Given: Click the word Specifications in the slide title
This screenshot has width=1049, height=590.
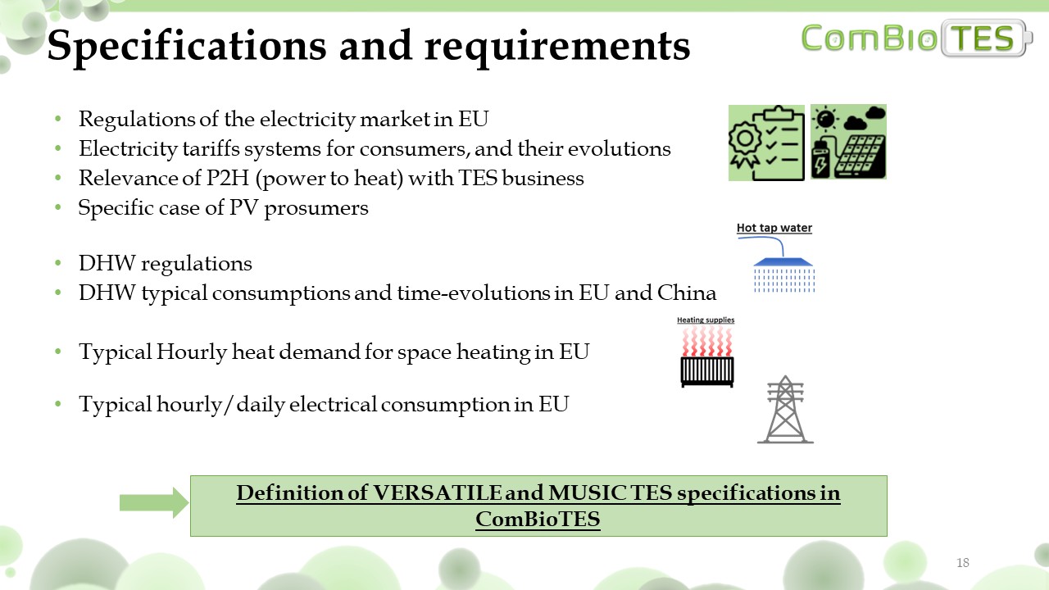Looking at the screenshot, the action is pyautogui.click(x=186, y=46).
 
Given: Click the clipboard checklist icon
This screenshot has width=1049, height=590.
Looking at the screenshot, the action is pyautogui.click(x=766, y=143).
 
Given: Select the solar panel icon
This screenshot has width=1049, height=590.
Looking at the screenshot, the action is pyautogui.click(x=848, y=142).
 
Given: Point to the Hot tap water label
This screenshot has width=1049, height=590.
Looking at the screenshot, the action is pyautogui.click(x=774, y=228).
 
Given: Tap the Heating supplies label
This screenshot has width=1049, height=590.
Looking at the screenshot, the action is pyautogui.click(x=706, y=320).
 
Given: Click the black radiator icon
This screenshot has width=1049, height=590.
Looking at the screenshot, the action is pyautogui.click(x=707, y=372).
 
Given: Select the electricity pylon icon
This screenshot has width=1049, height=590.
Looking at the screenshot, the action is pyautogui.click(x=785, y=409).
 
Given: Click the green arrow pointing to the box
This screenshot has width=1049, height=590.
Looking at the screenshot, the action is pyautogui.click(x=154, y=502).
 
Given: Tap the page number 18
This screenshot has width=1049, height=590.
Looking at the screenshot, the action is pyautogui.click(x=962, y=562).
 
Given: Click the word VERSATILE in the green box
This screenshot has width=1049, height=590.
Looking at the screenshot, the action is pyautogui.click(x=437, y=492).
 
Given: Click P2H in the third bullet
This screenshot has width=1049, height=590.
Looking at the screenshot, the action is pyautogui.click(x=227, y=178).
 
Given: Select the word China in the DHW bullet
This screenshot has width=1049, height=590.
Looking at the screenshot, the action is pyautogui.click(x=687, y=293).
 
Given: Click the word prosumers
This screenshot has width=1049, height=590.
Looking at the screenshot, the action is pyautogui.click(x=316, y=209).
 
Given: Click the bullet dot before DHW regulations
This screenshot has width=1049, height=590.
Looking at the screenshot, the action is pyautogui.click(x=58, y=263).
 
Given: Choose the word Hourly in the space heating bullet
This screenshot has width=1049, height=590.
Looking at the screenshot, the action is pyautogui.click(x=192, y=352).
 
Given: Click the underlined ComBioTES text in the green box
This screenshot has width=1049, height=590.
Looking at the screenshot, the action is pyautogui.click(x=538, y=519).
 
